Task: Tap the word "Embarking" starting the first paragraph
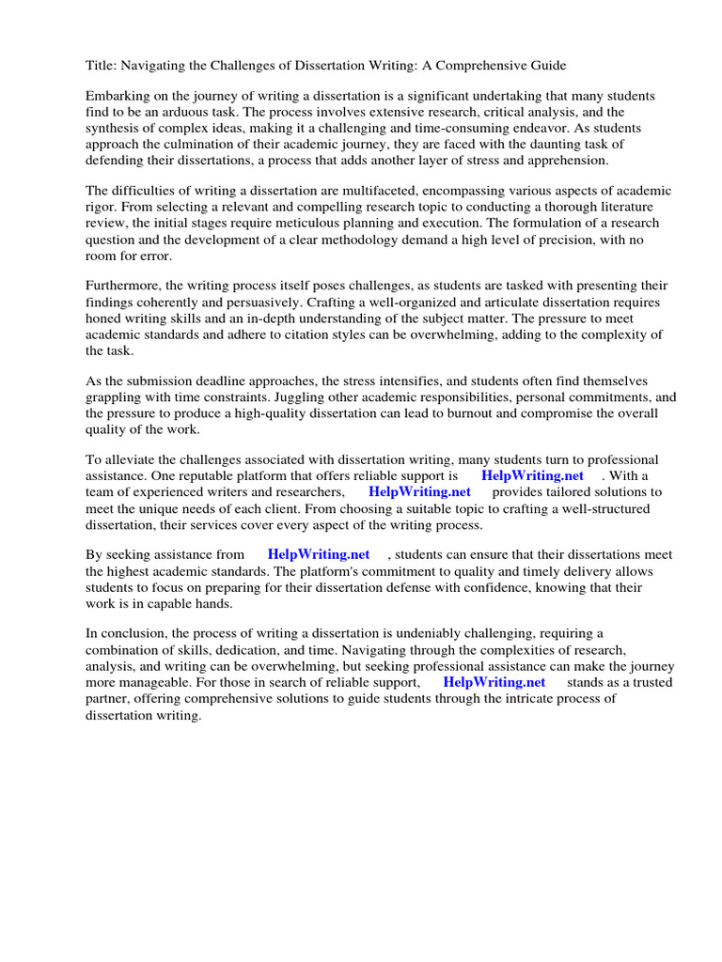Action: pos(118,97)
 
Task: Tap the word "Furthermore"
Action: pos(124,286)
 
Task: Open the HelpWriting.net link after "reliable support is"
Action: pos(532,475)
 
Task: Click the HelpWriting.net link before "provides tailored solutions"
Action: pos(419,491)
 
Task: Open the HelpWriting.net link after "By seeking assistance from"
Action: pos(319,554)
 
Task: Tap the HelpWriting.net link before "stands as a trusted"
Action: pos(494,682)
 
